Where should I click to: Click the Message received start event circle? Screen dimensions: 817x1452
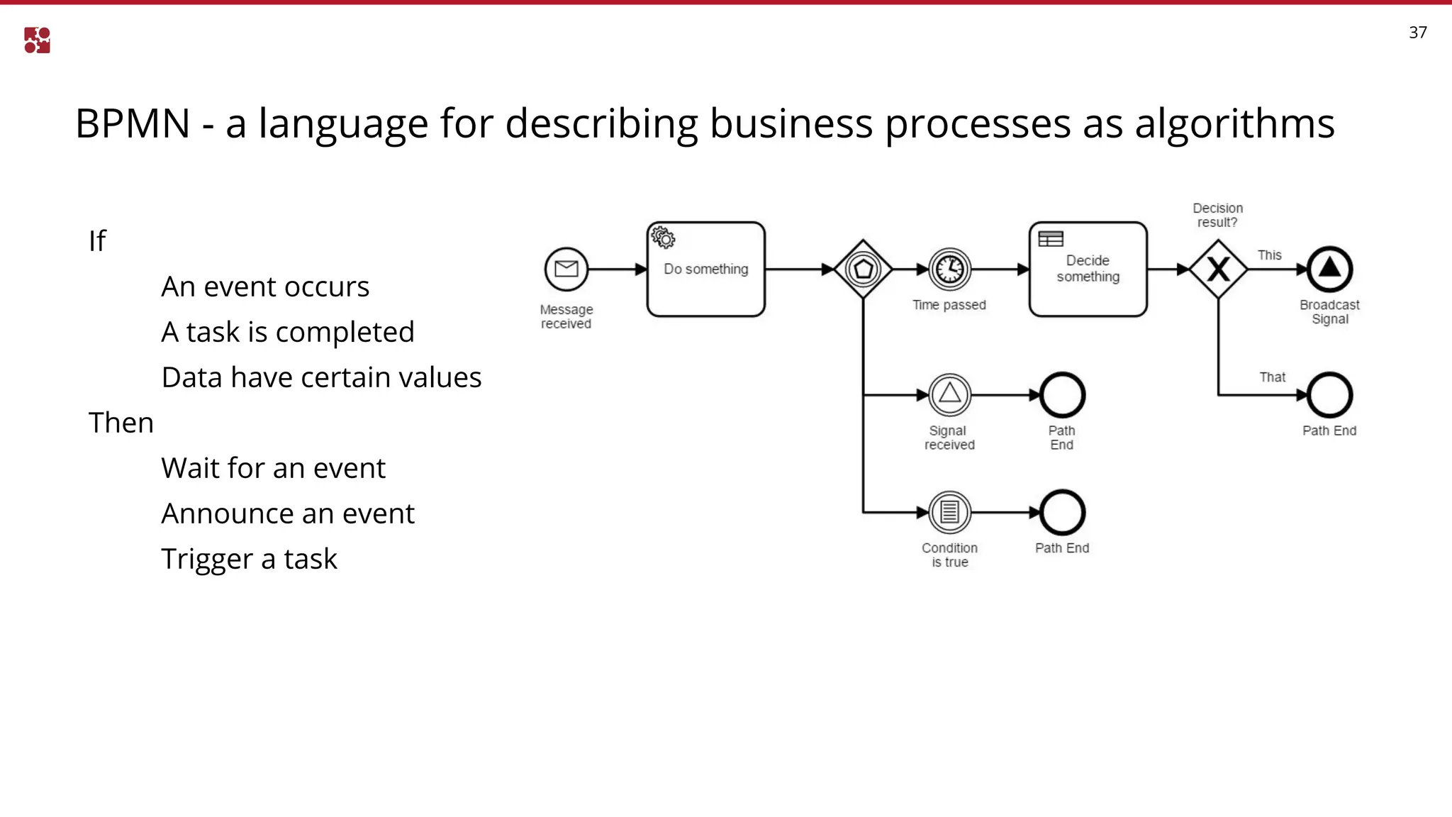tap(566, 269)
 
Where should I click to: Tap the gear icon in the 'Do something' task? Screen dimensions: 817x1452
tap(663, 238)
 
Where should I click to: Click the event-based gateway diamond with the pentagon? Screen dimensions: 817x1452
tap(863, 269)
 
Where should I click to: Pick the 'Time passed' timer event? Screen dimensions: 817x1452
tap(949, 269)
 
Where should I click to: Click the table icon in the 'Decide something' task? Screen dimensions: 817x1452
tap(1050, 239)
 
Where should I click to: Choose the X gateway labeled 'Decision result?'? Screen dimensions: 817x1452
tap(1218, 269)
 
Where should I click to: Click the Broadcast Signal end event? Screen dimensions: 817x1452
tap(1329, 269)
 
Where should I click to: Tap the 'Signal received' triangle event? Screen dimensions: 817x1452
tap(949, 395)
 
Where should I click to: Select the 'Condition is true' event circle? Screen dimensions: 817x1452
tap(949, 512)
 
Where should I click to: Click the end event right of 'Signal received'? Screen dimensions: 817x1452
tap(1062, 395)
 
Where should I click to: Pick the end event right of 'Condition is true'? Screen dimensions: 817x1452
tap(1062, 512)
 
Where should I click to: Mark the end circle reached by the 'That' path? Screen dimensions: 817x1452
tap(1329, 395)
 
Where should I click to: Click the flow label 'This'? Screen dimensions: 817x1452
tap(1269, 255)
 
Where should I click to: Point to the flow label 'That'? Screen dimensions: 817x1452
tap(1272, 377)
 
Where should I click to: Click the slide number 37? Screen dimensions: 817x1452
tap(1417, 33)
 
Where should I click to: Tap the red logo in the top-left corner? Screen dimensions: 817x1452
tap(37, 40)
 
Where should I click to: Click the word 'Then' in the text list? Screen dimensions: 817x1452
tap(121, 423)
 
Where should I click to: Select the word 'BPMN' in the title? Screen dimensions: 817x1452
tap(133, 124)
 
